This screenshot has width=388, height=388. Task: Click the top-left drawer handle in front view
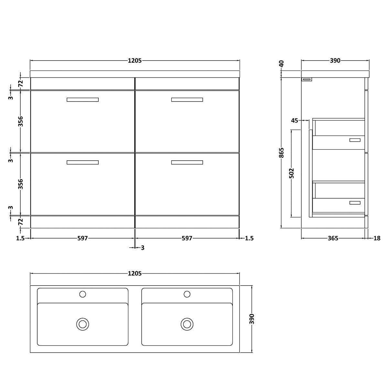(82, 100)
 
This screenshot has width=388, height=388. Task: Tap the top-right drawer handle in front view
(187, 100)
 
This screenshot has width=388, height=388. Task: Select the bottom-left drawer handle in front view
(82, 162)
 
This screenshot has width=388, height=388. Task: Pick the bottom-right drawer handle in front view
(187, 162)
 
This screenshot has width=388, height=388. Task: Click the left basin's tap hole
(82, 294)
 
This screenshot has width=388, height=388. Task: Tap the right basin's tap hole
(187, 294)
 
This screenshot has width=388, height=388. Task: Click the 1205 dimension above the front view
(135, 60)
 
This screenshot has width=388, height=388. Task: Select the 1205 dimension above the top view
(135, 274)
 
